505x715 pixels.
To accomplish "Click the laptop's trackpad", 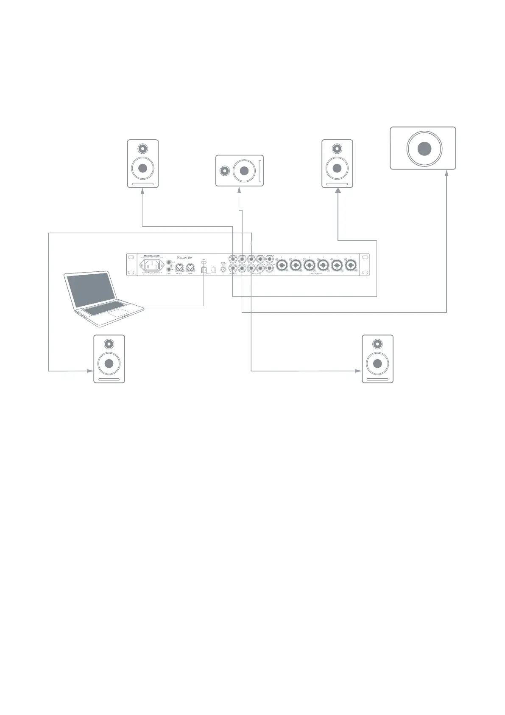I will click(x=118, y=313).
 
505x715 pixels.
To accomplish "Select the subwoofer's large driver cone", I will click(x=424, y=149).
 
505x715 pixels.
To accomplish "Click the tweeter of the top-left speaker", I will click(x=143, y=149).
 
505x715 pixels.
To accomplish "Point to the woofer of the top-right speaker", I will click(x=337, y=168).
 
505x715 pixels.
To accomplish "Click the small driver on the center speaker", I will click(x=225, y=171).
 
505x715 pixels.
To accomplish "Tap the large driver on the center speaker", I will click(x=244, y=171).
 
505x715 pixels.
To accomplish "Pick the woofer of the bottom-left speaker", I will click(x=109, y=363).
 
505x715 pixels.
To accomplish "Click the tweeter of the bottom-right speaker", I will click(x=377, y=344).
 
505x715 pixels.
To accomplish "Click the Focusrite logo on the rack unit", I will click(x=184, y=257).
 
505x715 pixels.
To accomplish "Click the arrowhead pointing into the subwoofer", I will click(x=446, y=173).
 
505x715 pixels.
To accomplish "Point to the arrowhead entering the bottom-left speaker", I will click(x=90, y=371).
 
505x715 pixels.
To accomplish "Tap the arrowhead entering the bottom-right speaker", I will click(x=359, y=371).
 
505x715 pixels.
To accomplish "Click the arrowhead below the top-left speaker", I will click(x=142, y=191).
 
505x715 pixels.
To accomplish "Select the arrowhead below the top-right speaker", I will click(x=338, y=191).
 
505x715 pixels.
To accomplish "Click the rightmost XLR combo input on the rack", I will click(x=351, y=265).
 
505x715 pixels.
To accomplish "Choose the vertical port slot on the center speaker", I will click(x=259, y=171).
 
